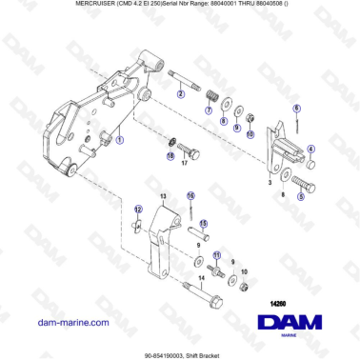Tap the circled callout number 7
point(209,110)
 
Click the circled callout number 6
point(296,109)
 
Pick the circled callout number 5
point(301,196)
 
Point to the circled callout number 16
point(191,196)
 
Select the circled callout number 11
point(217,255)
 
